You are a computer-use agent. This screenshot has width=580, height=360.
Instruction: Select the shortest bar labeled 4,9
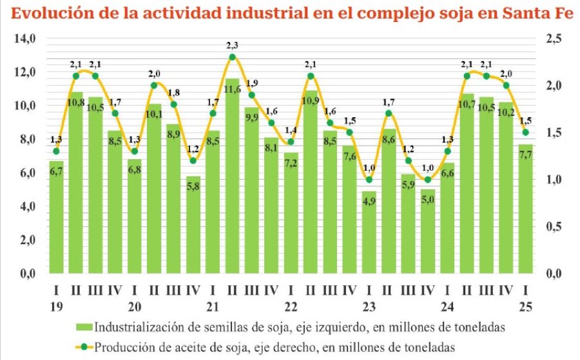click(x=369, y=232)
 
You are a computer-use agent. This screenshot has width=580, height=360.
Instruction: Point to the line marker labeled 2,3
click(x=233, y=57)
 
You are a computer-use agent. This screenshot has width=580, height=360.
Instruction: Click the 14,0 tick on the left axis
click(x=24, y=39)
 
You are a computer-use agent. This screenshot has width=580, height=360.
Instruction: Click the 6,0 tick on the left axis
click(x=24, y=173)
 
